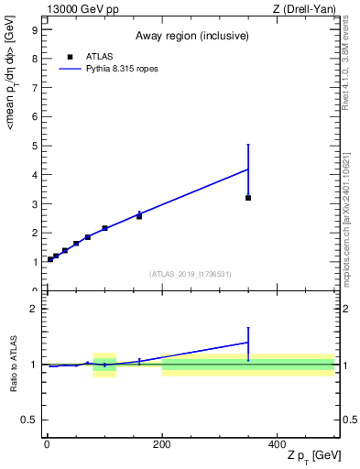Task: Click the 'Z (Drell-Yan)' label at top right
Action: [x=304, y=9]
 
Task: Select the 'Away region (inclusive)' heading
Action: [x=191, y=36]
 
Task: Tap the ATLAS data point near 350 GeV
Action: [x=248, y=198]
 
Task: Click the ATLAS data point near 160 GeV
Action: [x=139, y=216]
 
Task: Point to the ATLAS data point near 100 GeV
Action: [x=104, y=228]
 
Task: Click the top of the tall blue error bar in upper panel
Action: [x=248, y=144]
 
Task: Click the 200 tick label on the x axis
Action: [x=161, y=444]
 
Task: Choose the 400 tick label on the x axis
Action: [x=277, y=444]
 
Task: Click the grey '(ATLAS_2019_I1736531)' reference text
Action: [x=191, y=274]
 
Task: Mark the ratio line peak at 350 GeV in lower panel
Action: [x=248, y=343]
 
